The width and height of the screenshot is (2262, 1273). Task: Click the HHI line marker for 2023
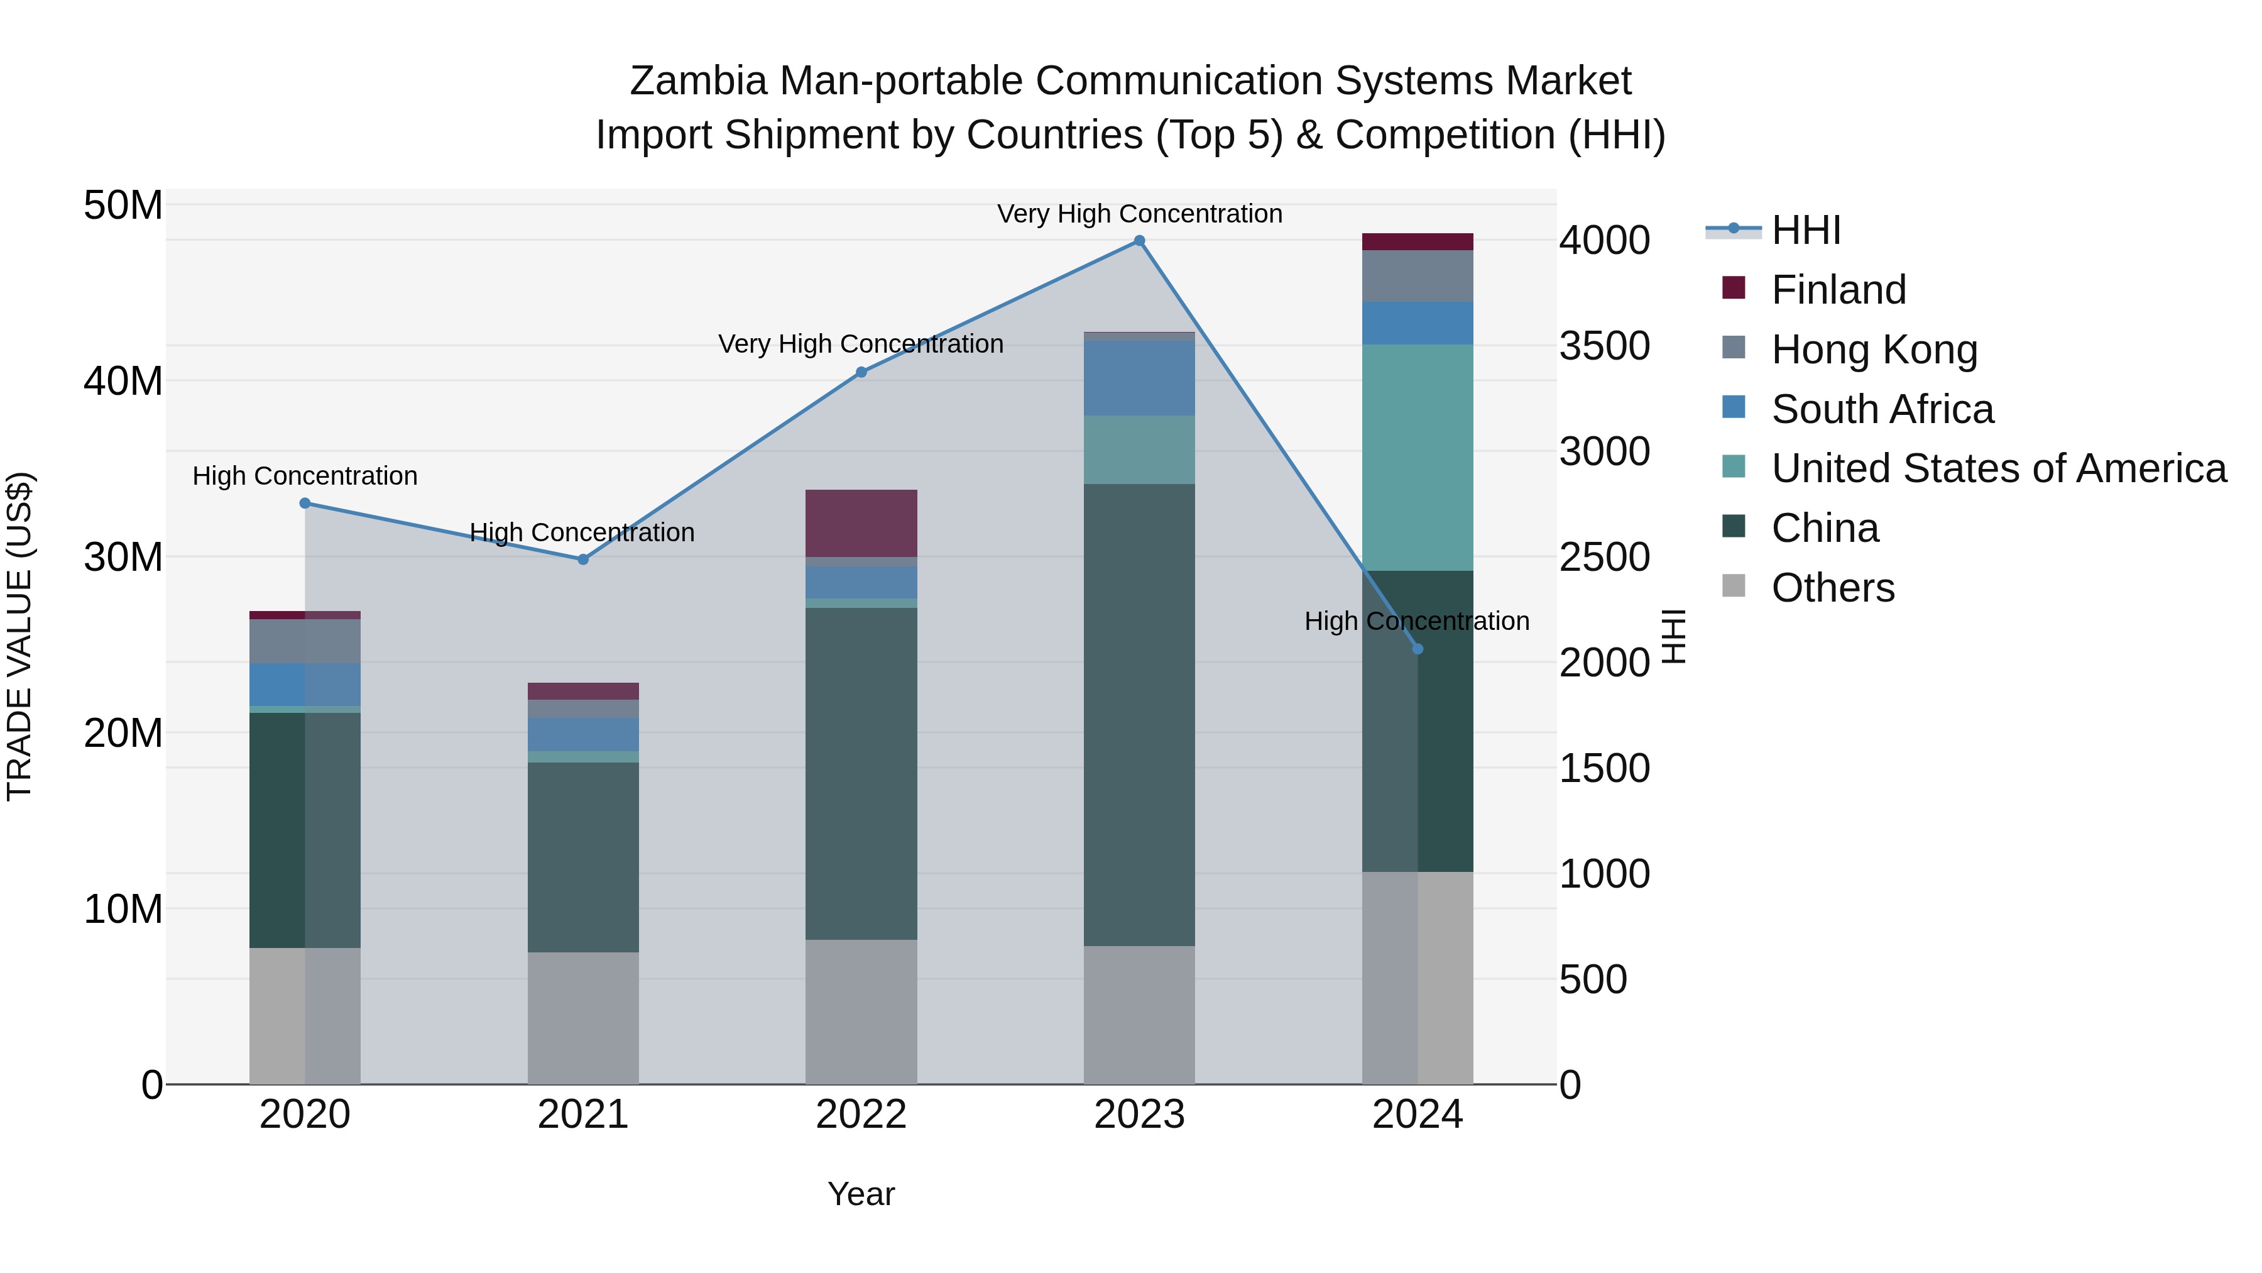tap(1139, 241)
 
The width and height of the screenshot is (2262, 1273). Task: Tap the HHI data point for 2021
tap(583, 559)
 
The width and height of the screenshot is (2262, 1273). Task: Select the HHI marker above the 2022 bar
tap(861, 373)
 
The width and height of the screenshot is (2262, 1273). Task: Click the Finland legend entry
tap(1838, 290)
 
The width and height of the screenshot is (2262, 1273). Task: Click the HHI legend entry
tap(1805, 230)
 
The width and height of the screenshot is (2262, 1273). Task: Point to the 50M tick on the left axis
tap(123, 206)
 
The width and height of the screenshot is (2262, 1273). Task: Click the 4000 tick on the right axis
tap(1604, 241)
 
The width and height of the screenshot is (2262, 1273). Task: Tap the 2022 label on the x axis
tap(861, 1115)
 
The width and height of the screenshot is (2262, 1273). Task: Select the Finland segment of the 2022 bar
tap(861, 523)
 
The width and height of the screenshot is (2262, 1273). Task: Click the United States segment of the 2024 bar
tap(1418, 457)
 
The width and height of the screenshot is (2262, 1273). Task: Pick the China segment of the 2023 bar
tap(1139, 714)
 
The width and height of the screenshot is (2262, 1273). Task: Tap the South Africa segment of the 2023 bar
tap(1139, 378)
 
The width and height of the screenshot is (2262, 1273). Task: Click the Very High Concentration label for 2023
tap(1139, 214)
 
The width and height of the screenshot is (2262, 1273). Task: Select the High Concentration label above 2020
tap(305, 476)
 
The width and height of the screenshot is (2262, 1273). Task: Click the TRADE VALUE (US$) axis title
tap(19, 636)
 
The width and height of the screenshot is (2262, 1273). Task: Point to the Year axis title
tap(861, 1194)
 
